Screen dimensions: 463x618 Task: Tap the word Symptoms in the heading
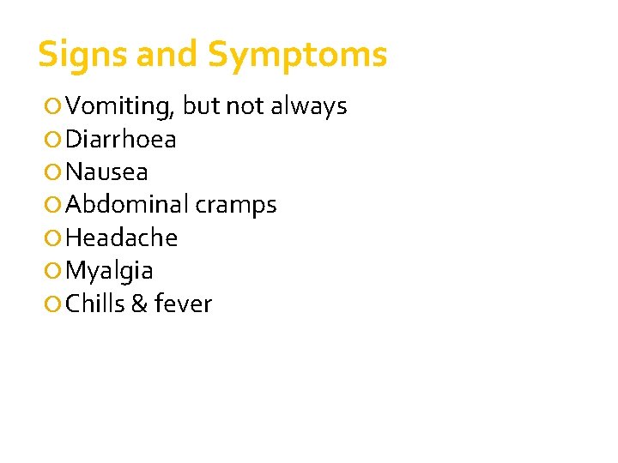(x=297, y=56)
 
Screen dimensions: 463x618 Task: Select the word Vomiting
(x=121, y=107)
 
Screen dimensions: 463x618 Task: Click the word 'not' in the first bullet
(x=246, y=106)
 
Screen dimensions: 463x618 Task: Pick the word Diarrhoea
(x=121, y=139)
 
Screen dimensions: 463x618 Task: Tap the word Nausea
(x=106, y=172)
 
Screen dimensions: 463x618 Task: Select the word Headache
(x=121, y=238)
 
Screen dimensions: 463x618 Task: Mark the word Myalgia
(x=109, y=271)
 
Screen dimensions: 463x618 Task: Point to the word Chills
(x=95, y=304)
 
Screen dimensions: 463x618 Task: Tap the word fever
(x=183, y=304)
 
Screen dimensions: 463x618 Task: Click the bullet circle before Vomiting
(x=54, y=107)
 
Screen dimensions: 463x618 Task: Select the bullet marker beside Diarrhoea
(x=54, y=140)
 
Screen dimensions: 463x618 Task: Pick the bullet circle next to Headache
(x=54, y=238)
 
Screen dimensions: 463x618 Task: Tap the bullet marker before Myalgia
(x=54, y=271)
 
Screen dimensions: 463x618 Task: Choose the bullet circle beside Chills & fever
(x=54, y=304)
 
